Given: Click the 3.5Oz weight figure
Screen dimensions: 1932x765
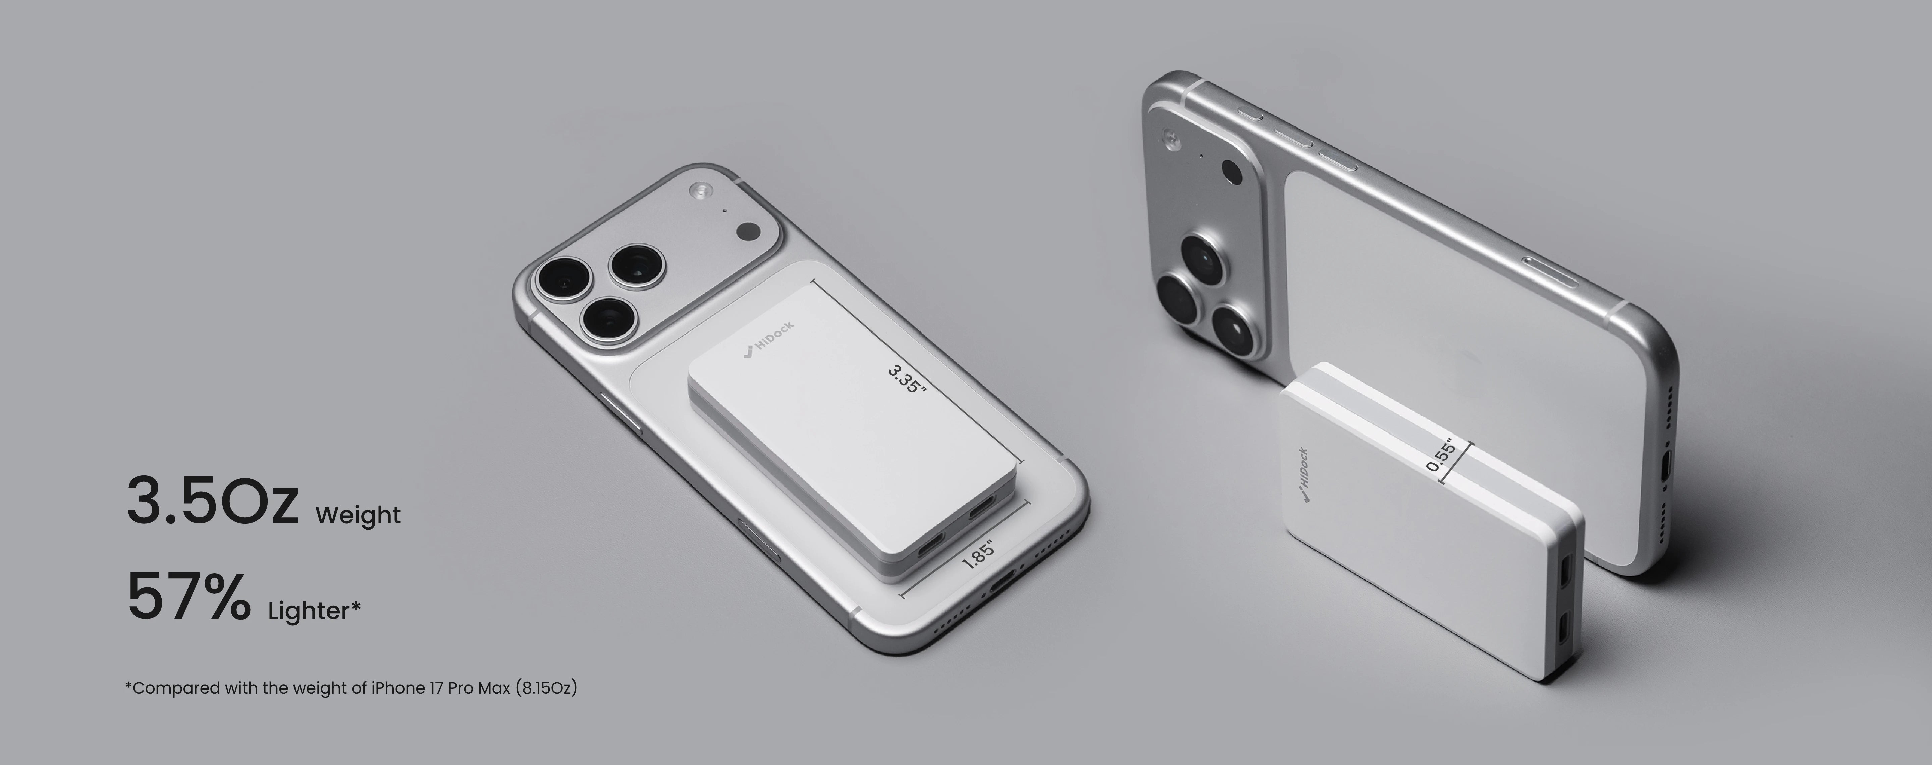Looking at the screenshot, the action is coord(212,501).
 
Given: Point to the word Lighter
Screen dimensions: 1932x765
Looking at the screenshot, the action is coord(309,611).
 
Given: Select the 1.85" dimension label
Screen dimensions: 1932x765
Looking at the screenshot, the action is coord(979,554).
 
